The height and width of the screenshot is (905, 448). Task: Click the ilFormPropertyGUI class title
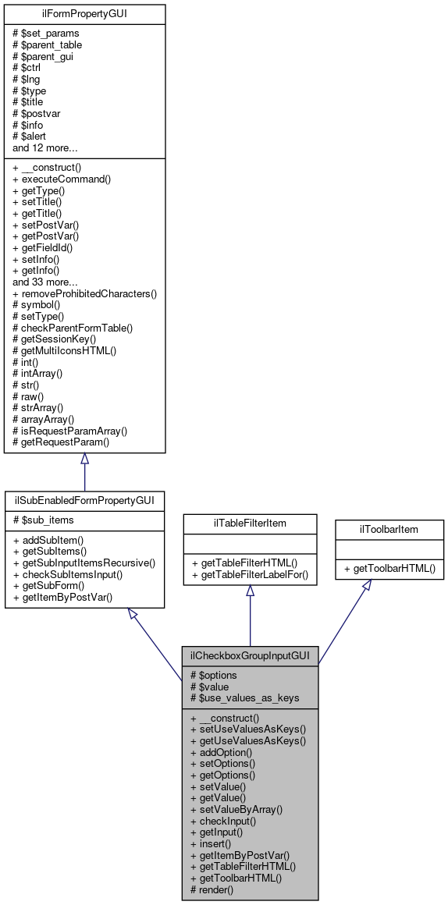84,13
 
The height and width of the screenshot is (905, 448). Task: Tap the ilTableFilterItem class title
250,522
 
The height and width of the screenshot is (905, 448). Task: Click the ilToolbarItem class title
389,530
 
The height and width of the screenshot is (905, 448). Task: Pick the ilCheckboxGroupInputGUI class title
250,656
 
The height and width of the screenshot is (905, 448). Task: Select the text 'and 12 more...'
44,147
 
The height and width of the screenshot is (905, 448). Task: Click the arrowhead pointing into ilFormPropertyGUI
84,460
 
